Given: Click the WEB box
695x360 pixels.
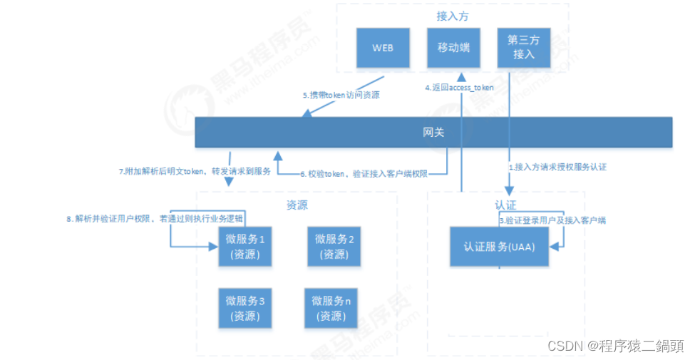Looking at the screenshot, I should coord(383,48).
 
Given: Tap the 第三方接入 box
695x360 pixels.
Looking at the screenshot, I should coord(523,48).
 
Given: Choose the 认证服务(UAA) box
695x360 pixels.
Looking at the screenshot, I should coord(500,247).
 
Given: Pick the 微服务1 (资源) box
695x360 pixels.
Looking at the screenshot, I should coord(244,247).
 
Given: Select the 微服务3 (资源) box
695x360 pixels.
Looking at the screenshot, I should coord(244,309).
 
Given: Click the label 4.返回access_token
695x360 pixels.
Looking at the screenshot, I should coord(460,88).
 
